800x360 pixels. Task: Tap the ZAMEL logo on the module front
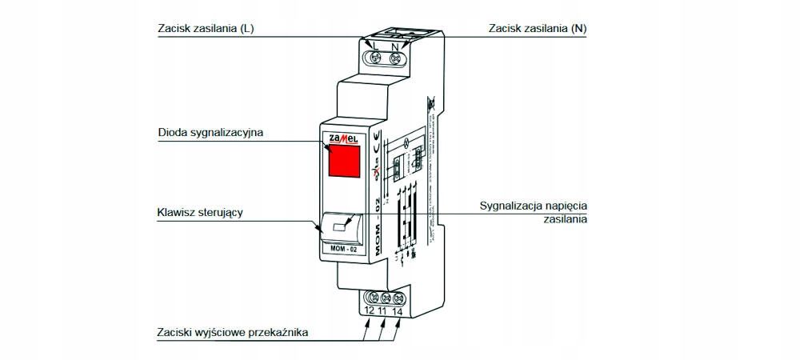[x=342, y=138]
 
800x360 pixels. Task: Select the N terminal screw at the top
[x=394, y=58]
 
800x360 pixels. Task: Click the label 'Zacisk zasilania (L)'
[x=206, y=29]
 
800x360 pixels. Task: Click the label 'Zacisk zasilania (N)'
[x=538, y=29]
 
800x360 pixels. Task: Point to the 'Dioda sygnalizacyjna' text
[x=210, y=131]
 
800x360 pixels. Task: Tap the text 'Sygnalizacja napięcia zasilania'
[x=534, y=211]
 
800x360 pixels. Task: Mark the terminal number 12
[x=370, y=310]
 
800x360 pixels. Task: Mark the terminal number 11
[x=383, y=310]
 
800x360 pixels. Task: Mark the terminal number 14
[x=398, y=310]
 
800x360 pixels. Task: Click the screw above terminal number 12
[x=370, y=298]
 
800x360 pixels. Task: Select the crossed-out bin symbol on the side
[x=430, y=103]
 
